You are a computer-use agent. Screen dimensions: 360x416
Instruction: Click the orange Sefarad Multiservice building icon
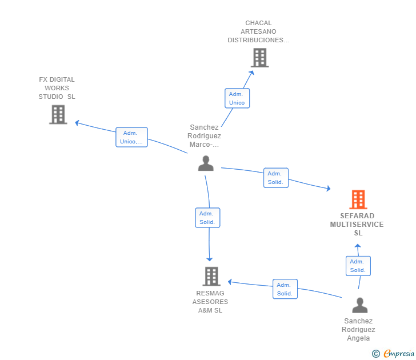[x=358, y=199]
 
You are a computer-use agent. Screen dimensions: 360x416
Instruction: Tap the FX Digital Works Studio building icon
[x=58, y=114]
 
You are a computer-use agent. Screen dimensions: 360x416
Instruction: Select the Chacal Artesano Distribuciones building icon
[x=259, y=58]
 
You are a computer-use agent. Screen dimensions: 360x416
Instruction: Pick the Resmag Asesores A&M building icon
[x=211, y=277]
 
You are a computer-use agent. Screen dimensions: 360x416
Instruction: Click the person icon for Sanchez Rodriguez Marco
[x=206, y=163]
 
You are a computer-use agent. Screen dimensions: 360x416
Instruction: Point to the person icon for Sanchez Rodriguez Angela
[x=359, y=305]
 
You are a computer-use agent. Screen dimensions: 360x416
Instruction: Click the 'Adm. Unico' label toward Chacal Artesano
[x=237, y=98]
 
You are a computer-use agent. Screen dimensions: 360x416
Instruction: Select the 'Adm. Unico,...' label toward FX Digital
[x=131, y=137]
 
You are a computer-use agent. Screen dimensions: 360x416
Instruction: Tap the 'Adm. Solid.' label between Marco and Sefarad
[x=275, y=178]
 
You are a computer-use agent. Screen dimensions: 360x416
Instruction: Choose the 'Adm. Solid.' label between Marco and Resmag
[x=207, y=218]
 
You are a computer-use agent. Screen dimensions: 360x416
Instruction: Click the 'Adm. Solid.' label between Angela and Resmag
[x=285, y=289]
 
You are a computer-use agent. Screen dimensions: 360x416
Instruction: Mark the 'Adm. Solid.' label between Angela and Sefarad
[x=358, y=266]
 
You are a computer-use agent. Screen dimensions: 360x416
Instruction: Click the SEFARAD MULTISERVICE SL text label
[x=357, y=225]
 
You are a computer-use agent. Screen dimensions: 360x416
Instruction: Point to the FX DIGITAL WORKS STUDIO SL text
[x=57, y=88]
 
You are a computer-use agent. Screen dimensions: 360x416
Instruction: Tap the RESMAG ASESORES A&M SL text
[x=210, y=302]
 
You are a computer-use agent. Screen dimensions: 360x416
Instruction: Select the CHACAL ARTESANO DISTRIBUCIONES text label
[x=258, y=32]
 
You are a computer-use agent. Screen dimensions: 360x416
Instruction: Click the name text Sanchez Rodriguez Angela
[x=359, y=330]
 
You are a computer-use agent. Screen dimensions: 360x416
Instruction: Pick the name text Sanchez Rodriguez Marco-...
[x=205, y=136]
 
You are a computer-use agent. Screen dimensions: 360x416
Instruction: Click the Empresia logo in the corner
[x=399, y=353]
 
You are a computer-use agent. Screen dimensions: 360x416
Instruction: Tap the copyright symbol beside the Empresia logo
[x=376, y=354]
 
